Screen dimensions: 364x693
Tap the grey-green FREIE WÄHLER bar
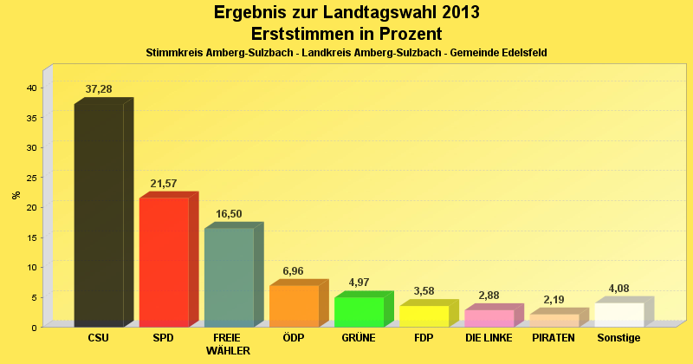[x=229, y=277]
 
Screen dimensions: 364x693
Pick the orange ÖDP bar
[x=294, y=306]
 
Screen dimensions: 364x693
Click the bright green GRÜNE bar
[x=359, y=311]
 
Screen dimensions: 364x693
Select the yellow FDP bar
[x=424, y=315]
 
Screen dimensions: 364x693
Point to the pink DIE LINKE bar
[x=489, y=318]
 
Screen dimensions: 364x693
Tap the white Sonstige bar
[x=619, y=315]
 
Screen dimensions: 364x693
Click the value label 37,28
[x=99, y=89]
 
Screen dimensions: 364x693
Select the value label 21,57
[x=164, y=184]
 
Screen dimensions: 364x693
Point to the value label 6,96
[x=294, y=271]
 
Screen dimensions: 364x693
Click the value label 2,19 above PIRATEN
[x=554, y=300]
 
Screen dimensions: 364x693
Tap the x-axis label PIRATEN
[x=554, y=338]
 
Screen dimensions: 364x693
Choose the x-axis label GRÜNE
[x=359, y=338]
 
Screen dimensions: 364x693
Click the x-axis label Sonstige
[x=619, y=338]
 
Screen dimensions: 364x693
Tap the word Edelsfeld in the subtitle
[x=522, y=53]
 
